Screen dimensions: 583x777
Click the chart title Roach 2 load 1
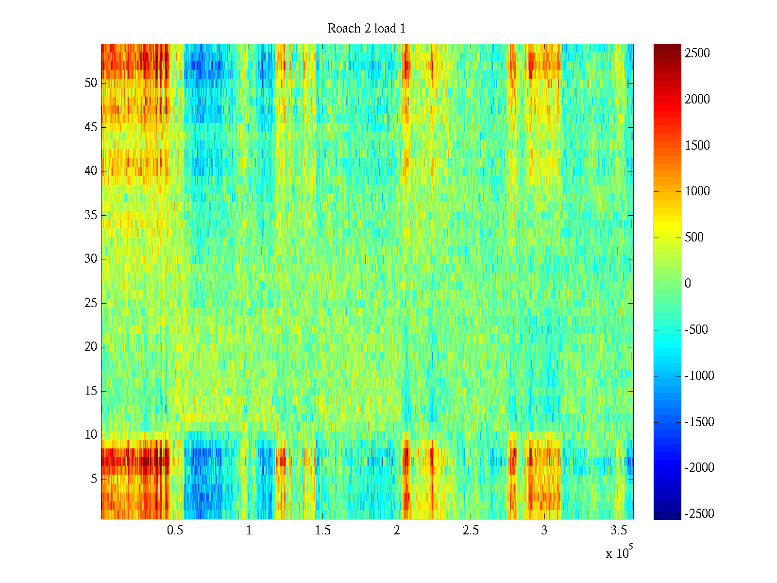[x=366, y=29]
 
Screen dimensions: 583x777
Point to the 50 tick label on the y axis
[x=91, y=83]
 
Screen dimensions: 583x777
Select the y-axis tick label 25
[x=91, y=303]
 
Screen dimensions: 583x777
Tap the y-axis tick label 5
[x=94, y=479]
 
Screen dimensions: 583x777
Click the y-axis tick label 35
[x=91, y=215]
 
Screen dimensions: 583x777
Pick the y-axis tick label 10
[x=91, y=435]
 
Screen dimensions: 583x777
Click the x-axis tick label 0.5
[x=175, y=531]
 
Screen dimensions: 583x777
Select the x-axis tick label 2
[x=397, y=531]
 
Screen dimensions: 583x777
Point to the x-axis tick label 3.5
[x=618, y=531]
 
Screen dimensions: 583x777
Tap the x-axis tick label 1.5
[x=322, y=531]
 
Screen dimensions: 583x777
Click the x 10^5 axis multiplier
[x=619, y=553]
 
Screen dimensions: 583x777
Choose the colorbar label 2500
[x=697, y=53]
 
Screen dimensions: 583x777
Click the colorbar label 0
[x=688, y=284]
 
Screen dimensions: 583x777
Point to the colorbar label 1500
[x=697, y=146]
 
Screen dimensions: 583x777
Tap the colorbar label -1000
[x=699, y=376]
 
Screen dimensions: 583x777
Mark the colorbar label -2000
[x=699, y=468]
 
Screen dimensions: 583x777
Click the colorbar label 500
[x=694, y=238]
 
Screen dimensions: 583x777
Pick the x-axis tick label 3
[x=544, y=531]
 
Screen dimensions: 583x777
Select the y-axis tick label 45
[x=91, y=127]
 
